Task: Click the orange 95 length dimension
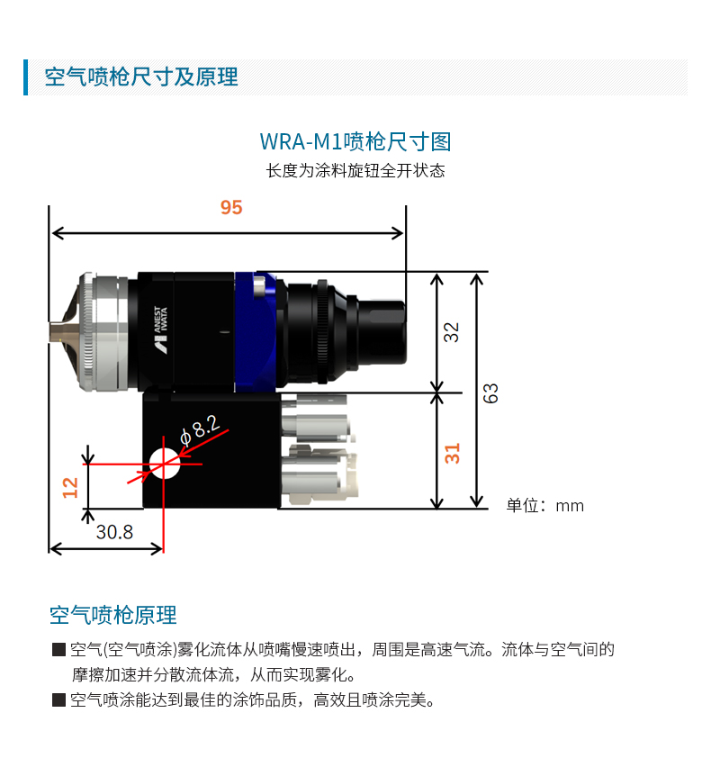(x=231, y=207)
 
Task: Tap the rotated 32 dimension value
(x=451, y=332)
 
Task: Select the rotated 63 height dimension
(x=490, y=393)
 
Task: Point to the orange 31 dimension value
(x=453, y=454)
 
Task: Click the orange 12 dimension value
(x=70, y=488)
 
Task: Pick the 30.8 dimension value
(x=114, y=532)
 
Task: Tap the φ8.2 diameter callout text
(x=201, y=430)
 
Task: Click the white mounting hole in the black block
(x=165, y=464)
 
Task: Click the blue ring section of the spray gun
(x=256, y=331)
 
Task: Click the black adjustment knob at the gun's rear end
(x=382, y=331)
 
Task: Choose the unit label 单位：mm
(x=544, y=505)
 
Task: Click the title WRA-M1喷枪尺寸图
(x=355, y=142)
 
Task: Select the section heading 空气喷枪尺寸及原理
(x=141, y=77)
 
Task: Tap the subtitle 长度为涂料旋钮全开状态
(x=355, y=171)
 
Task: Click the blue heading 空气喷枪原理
(x=113, y=616)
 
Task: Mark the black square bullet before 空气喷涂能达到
(x=58, y=700)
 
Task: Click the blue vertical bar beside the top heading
(x=25, y=77)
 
